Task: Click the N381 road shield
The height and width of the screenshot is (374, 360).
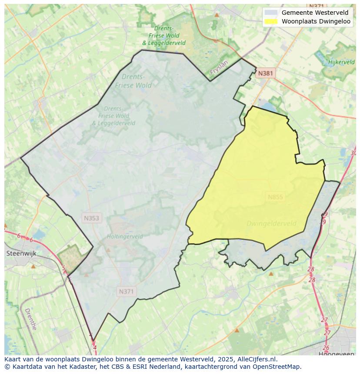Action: click(265, 73)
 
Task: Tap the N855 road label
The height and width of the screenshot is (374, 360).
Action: click(275, 197)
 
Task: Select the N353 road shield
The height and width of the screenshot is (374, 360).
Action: click(92, 218)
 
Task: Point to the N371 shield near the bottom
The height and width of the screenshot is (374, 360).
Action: click(126, 292)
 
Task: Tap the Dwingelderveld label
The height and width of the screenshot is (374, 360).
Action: click(271, 224)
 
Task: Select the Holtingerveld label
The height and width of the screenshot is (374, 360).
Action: click(125, 237)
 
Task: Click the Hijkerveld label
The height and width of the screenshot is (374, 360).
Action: click(341, 62)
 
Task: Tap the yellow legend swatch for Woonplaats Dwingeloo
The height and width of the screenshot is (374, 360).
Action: click(271, 21)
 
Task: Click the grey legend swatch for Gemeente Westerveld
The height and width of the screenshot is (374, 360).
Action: click(271, 13)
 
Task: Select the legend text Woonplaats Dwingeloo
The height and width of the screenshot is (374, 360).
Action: click(316, 21)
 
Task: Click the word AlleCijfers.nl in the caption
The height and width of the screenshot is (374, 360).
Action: click(257, 360)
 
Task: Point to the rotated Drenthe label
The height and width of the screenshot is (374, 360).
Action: click(30, 319)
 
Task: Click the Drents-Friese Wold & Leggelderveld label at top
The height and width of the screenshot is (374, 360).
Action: click(164, 35)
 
